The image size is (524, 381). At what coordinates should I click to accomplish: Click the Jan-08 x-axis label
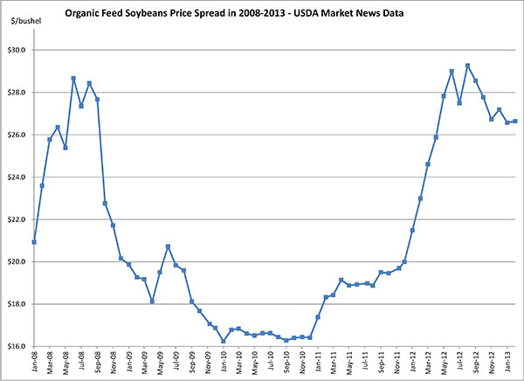[34, 363]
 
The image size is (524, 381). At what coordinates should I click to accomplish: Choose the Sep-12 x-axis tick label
[476, 363]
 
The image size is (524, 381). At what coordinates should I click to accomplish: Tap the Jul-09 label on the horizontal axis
[176, 363]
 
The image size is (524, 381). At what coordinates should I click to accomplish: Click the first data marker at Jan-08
[34, 242]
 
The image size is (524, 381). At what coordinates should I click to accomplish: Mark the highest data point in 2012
[468, 66]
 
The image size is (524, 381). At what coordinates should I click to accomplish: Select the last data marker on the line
[515, 121]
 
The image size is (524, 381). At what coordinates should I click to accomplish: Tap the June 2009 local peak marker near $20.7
[168, 246]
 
